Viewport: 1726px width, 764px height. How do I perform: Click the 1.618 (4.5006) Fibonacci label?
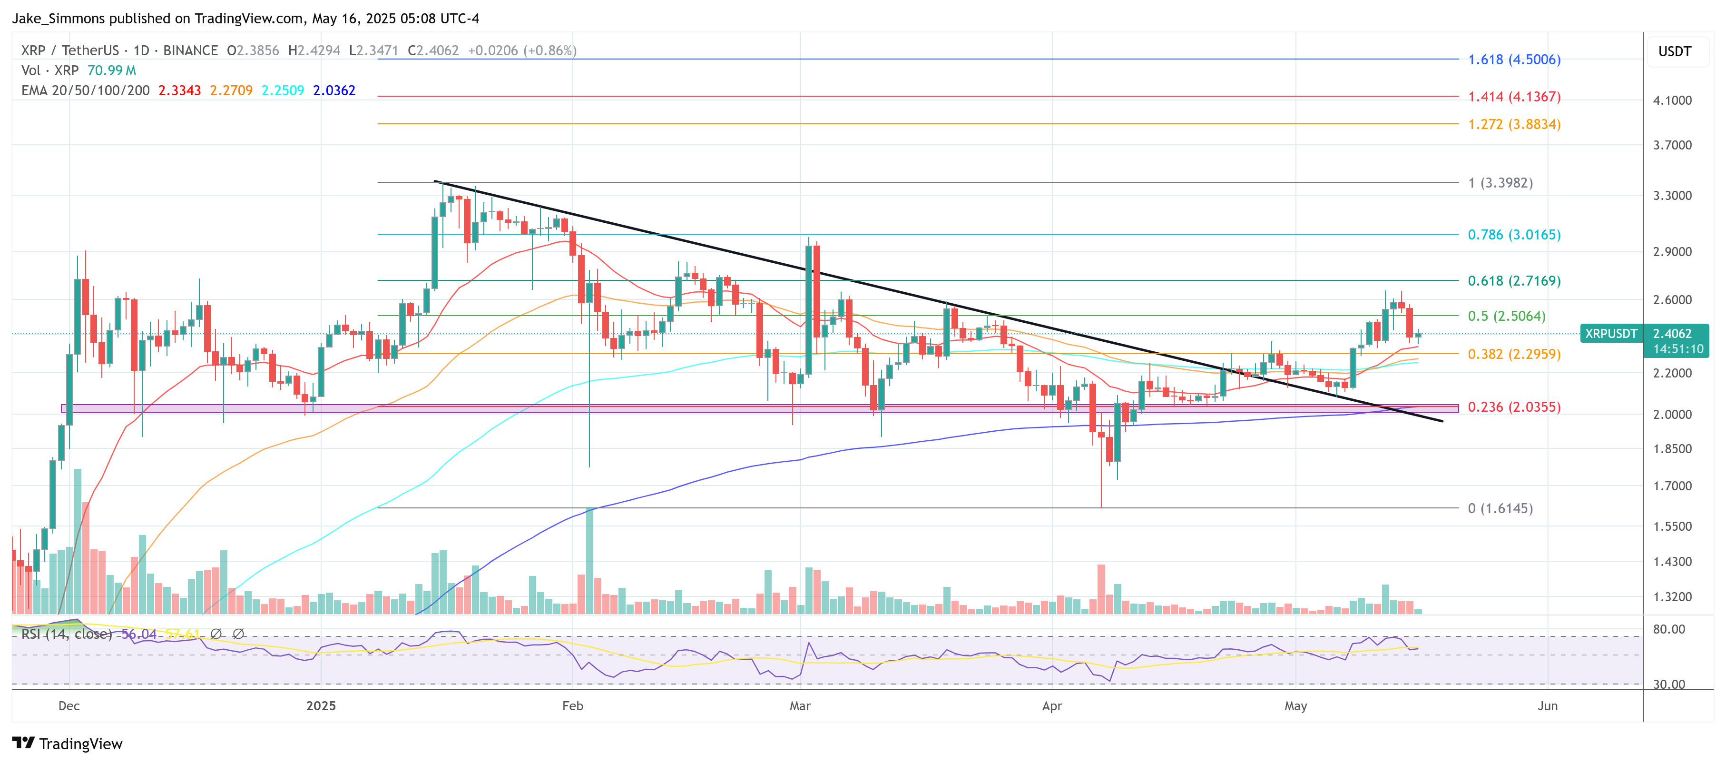tap(1514, 60)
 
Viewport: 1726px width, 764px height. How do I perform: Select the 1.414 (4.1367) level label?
tap(1514, 97)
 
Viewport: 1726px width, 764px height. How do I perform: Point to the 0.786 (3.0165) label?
tap(1514, 235)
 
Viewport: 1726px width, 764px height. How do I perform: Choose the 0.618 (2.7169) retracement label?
tap(1514, 281)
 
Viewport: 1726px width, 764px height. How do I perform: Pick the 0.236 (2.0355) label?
tap(1514, 407)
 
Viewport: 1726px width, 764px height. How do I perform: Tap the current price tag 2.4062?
tap(1672, 333)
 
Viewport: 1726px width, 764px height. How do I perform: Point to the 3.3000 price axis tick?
tap(1672, 196)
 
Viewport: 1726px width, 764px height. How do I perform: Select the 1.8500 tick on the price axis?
tap(1672, 448)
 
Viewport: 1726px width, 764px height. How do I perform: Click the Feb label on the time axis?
tap(572, 706)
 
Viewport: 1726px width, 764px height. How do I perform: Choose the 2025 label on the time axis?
tap(321, 706)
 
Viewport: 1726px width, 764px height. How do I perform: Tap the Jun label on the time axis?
tap(1547, 706)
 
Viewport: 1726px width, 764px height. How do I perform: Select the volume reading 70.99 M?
tap(111, 70)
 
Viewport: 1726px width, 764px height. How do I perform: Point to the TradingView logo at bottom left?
tap(67, 744)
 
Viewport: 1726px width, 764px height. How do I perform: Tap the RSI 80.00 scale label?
tap(1668, 629)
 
